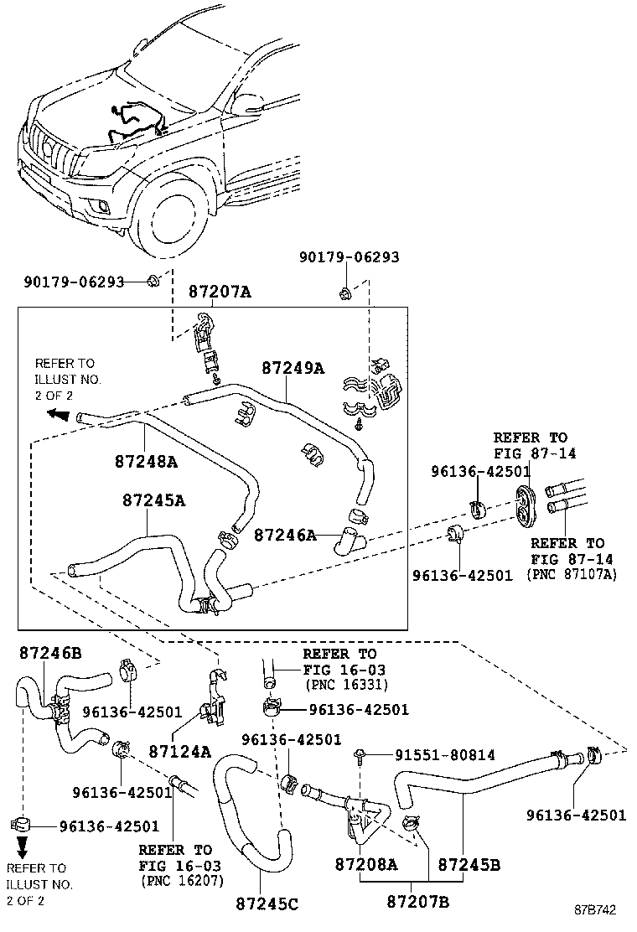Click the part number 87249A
292,367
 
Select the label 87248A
146,461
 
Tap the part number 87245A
153,500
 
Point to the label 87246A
285,534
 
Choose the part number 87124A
180,752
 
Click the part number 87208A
366,864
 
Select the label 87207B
418,901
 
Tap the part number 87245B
469,864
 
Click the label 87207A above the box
220,293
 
